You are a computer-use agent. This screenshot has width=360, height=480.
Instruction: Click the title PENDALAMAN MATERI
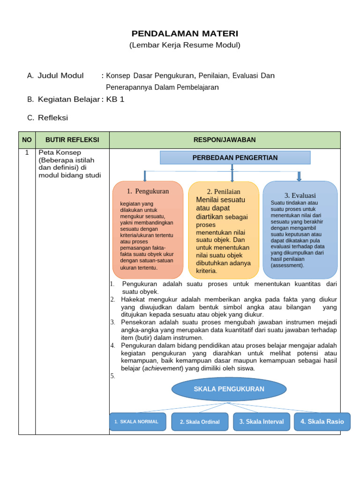[185, 34]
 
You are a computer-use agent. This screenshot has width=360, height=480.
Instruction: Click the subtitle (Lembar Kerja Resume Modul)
[185, 45]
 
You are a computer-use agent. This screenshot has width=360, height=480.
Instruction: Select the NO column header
[27, 140]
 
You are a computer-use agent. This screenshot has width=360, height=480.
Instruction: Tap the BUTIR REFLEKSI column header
[72, 140]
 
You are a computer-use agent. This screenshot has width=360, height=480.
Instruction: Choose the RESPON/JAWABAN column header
[225, 140]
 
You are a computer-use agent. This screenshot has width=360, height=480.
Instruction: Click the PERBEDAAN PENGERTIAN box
[235, 157]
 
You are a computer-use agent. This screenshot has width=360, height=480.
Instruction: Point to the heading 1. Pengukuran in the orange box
[148, 191]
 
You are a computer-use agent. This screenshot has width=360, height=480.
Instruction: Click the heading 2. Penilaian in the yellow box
[224, 192]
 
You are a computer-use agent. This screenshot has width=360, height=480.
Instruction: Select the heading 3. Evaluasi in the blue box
[300, 195]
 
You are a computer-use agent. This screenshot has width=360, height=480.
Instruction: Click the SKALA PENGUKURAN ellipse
[229, 389]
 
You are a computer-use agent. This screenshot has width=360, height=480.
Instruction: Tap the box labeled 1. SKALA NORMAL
[137, 421]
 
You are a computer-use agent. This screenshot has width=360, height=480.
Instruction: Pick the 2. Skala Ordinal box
[200, 422]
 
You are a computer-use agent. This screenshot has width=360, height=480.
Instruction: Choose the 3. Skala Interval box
[261, 421]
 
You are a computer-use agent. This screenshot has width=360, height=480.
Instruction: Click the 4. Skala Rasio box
[322, 421]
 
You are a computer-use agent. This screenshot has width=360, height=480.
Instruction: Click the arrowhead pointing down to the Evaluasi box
[299, 179]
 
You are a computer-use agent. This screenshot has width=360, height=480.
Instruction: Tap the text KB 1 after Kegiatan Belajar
[115, 99]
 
